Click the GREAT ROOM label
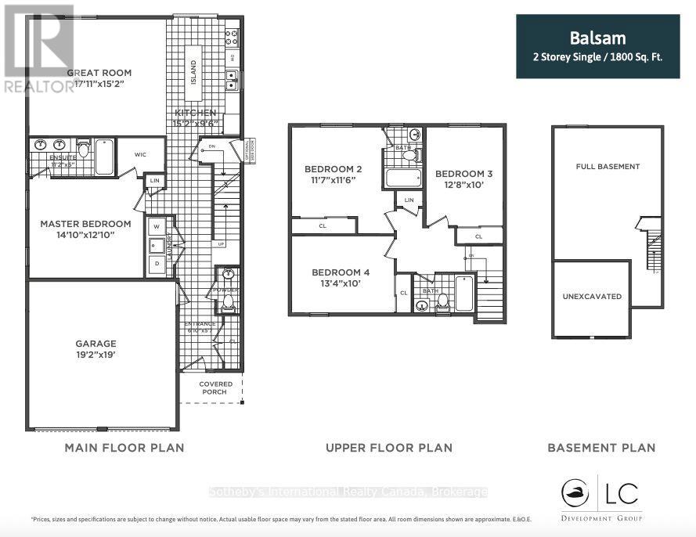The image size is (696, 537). (x=97, y=73)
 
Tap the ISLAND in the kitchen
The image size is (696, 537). (x=193, y=74)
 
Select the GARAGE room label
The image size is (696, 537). (x=96, y=343)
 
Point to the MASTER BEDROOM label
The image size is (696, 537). (x=85, y=223)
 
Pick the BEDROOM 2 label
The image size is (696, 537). (x=333, y=169)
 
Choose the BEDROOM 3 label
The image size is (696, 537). (x=464, y=173)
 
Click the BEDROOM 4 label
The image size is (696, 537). (x=340, y=272)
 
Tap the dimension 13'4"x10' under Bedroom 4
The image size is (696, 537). (x=340, y=283)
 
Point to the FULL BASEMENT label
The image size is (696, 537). (x=608, y=166)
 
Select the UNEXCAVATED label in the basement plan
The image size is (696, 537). (x=592, y=297)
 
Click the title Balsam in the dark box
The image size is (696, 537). (x=597, y=37)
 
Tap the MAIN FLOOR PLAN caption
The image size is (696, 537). (x=123, y=448)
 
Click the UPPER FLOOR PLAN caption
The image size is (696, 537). (x=388, y=448)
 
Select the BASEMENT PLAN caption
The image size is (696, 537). (x=601, y=448)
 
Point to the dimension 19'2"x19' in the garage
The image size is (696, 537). (x=96, y=355)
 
